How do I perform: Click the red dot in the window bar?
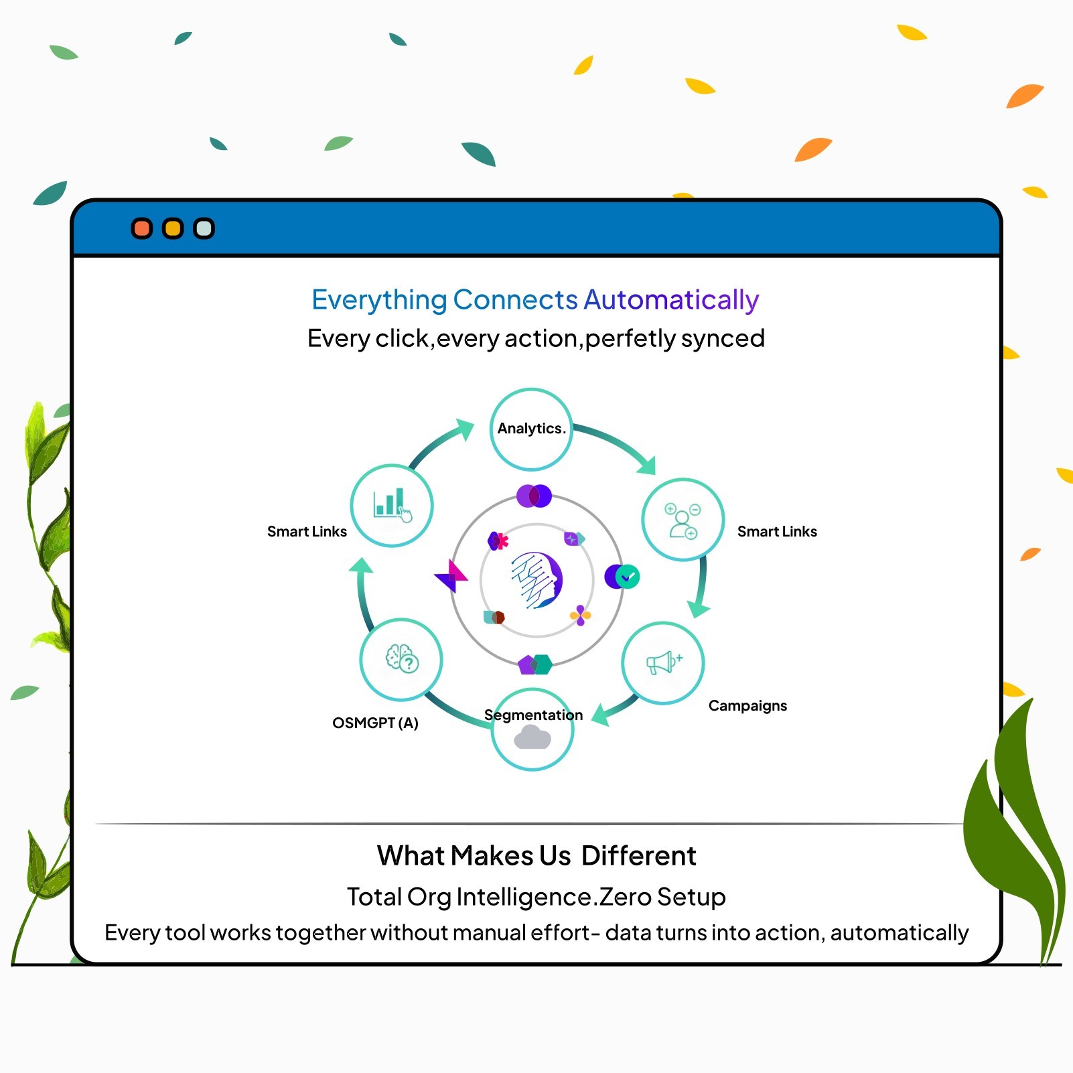(x=142, y=228)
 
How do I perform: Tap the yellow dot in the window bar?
(x=173, y=228)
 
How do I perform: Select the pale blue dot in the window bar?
(x=204, y=228)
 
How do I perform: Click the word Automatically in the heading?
(x=671, y=299)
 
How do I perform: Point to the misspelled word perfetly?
(x=630, y=338)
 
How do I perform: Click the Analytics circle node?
(x=531, y=429)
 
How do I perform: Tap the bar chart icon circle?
(x=392, y=505)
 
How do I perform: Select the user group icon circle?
(x=683, y=520)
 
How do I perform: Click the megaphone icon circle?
(x=663, y=662)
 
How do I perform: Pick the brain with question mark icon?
(x=401, y=659)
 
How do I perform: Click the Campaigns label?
(x=747, y=705)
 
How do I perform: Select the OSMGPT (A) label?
(x=375, y=723)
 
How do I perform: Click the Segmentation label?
(x=533, y=715)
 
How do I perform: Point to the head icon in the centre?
(x=537, y=580)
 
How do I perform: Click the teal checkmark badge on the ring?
(x=628, y=577)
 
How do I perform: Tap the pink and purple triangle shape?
(x=451, y=576)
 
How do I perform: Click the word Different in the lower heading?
(x=638, y=855)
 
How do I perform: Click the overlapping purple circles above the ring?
(x=534, y=496)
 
